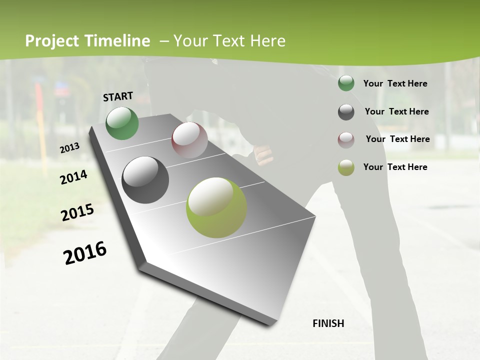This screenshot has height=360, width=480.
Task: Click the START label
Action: click(118, 96)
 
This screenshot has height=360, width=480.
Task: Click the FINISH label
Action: click(328, 323)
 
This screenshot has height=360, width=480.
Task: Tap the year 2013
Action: click(69, 148)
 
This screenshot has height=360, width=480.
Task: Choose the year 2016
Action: click(85, 253)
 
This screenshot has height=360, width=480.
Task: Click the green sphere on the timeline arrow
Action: click(122, 123)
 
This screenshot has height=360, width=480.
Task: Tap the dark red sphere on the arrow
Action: click(189, 140)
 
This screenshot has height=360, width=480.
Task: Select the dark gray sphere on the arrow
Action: click(145, 180)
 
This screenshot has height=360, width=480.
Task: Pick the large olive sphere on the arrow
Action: click(216, 207)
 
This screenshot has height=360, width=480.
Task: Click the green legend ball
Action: click(346, 83)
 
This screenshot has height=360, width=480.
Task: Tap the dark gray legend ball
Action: click(346, 112)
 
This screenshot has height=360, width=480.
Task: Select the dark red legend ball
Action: click(346, 140)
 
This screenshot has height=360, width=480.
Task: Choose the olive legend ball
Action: click(346, 167)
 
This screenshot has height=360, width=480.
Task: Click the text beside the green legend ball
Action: click(395, 84)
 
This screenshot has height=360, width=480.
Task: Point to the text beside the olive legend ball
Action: click(395, 167)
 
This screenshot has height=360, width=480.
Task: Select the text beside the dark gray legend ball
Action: click(396, 111)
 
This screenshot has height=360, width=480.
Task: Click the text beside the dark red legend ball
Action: click(397, 139)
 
